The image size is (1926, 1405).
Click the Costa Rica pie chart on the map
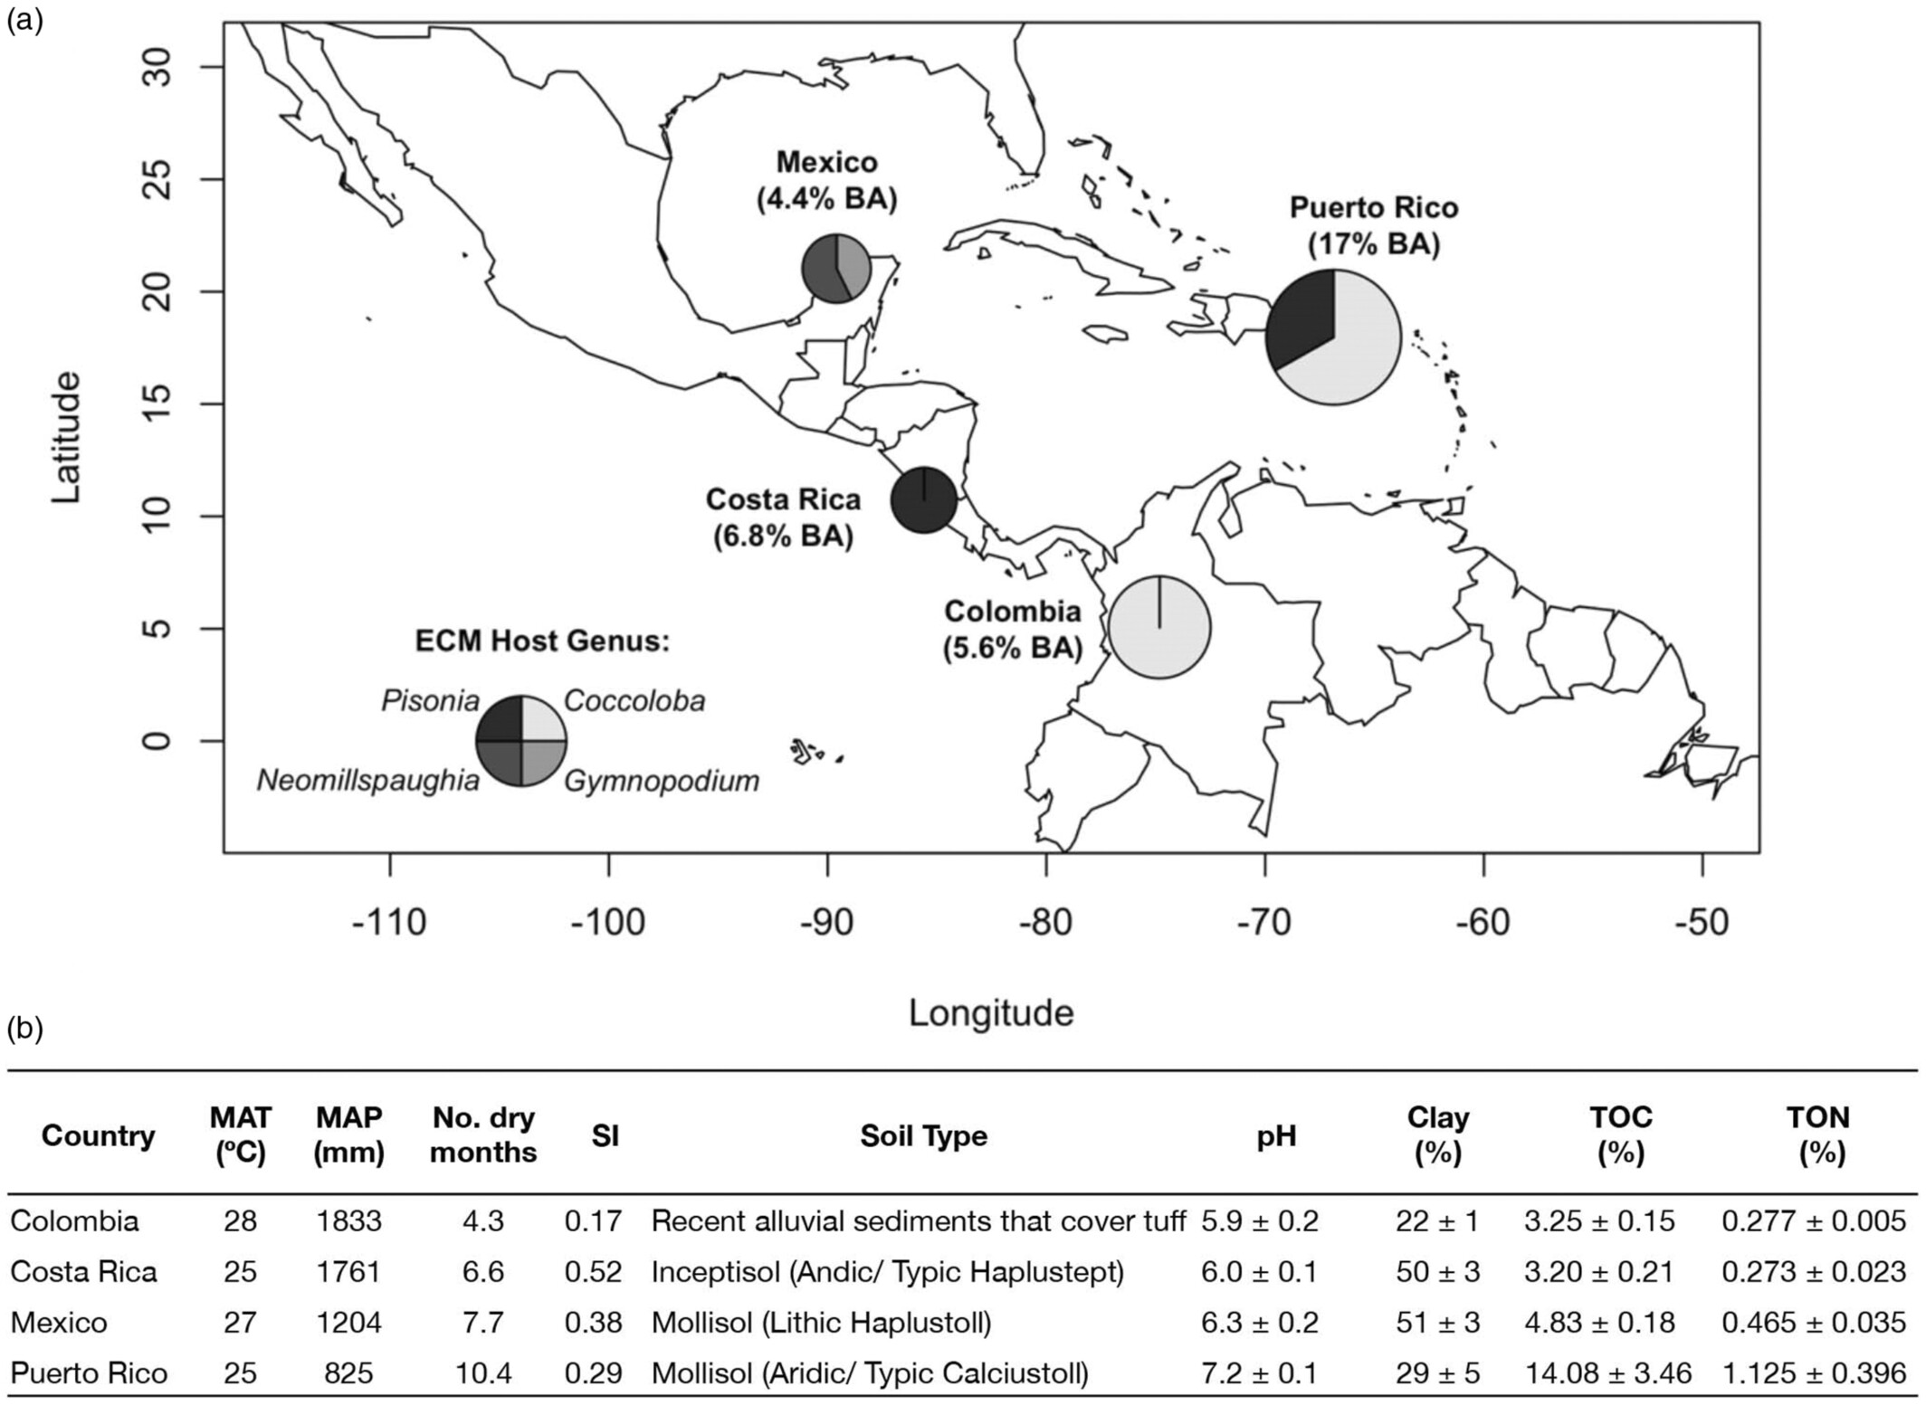(x=923, y=500)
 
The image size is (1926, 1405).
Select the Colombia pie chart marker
(x=1159, y=627)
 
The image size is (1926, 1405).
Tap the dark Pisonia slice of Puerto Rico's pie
(x=1301, y=321)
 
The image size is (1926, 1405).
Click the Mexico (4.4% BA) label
(x=826, y=180)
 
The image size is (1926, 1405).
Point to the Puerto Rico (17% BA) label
(x=1373, y=225)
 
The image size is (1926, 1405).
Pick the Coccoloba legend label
(x=634, y=701)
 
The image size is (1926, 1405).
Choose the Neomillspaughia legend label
(x=367, y=780)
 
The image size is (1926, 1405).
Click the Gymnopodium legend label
(x=662, y=780)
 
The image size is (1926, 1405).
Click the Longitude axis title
(x=991, y=1012)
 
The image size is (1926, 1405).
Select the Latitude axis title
(x=65, y=437)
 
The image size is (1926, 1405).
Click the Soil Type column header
(x=923, y=1135)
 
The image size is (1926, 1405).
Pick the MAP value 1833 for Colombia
(x=348, y=1221)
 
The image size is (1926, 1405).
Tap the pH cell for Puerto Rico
(x=1259, y=1373)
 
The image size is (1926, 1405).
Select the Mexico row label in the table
(x=59, y=1323)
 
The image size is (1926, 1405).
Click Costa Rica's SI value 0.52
(x=593, y=1272)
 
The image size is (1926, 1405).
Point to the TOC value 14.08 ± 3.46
(x=1607, y=1373)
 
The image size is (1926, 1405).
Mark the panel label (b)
(x=25, y=1029)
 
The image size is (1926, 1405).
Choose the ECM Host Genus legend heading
(x=542, y=641)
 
